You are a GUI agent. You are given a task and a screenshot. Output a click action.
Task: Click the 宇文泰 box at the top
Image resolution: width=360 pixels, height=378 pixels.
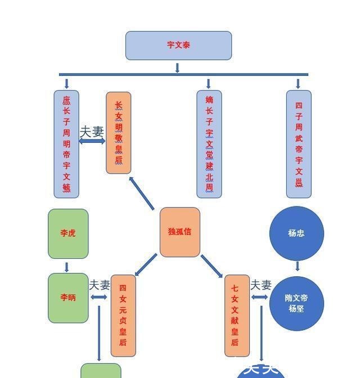tap(178, 46)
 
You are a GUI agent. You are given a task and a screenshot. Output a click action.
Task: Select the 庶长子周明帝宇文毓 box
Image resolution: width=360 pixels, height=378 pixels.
tap(66, 144)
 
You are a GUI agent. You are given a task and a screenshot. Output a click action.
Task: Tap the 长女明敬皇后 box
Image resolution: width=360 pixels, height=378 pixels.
tap(119, 133)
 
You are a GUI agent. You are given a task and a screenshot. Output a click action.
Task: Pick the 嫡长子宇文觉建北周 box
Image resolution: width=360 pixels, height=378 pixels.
tap(209, 144)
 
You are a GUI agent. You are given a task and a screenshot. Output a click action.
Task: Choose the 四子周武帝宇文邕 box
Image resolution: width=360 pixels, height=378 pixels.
tap(299, 144)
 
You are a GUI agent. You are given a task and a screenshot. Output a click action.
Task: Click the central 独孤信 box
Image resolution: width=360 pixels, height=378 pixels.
tap(180, 232)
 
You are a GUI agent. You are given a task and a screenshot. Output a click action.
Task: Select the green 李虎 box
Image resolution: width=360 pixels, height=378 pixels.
tap(68, 233)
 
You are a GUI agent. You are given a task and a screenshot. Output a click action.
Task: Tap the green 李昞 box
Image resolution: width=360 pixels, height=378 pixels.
tap(68, 298)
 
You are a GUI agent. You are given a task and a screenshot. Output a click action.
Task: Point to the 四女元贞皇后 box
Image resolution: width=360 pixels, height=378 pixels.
tap(123, 316)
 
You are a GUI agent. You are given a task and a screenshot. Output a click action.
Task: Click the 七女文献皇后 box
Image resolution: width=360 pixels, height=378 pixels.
tap(237, 316)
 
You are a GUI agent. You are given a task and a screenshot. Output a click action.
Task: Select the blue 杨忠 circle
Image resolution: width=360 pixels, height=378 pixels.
tap(296, 233)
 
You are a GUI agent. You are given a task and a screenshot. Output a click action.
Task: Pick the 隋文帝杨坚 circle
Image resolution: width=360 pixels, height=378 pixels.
tap(296, 304)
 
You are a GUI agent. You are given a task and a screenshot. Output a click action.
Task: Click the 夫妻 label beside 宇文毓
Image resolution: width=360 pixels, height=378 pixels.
tap(92, 132)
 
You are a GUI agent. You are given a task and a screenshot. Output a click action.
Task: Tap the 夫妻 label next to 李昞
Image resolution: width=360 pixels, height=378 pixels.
tap(100, 286)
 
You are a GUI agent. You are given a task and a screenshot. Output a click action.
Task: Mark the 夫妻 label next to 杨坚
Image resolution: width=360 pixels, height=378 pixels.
tap(260, 286)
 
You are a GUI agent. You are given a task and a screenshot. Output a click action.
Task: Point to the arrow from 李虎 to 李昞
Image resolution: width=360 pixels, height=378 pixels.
tap(67, 267)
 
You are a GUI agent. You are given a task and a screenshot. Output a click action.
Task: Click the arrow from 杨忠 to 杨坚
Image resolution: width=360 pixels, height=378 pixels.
tap(297, 266)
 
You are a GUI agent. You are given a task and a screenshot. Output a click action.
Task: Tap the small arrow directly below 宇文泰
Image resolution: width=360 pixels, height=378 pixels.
tap(178, 67)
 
